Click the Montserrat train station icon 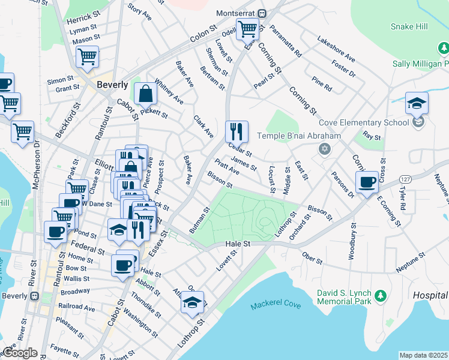point(262,13)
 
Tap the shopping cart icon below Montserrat point(247,28)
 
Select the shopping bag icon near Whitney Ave point(145,93)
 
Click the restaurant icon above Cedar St point(237,130)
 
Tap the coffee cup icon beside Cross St point(367,182)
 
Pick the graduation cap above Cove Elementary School point(417,103)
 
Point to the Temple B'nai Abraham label point(299,136)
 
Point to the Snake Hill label point(409,26)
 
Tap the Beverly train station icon point(35,296)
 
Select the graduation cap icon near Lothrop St point(193,302)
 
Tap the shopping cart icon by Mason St point(88,56)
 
